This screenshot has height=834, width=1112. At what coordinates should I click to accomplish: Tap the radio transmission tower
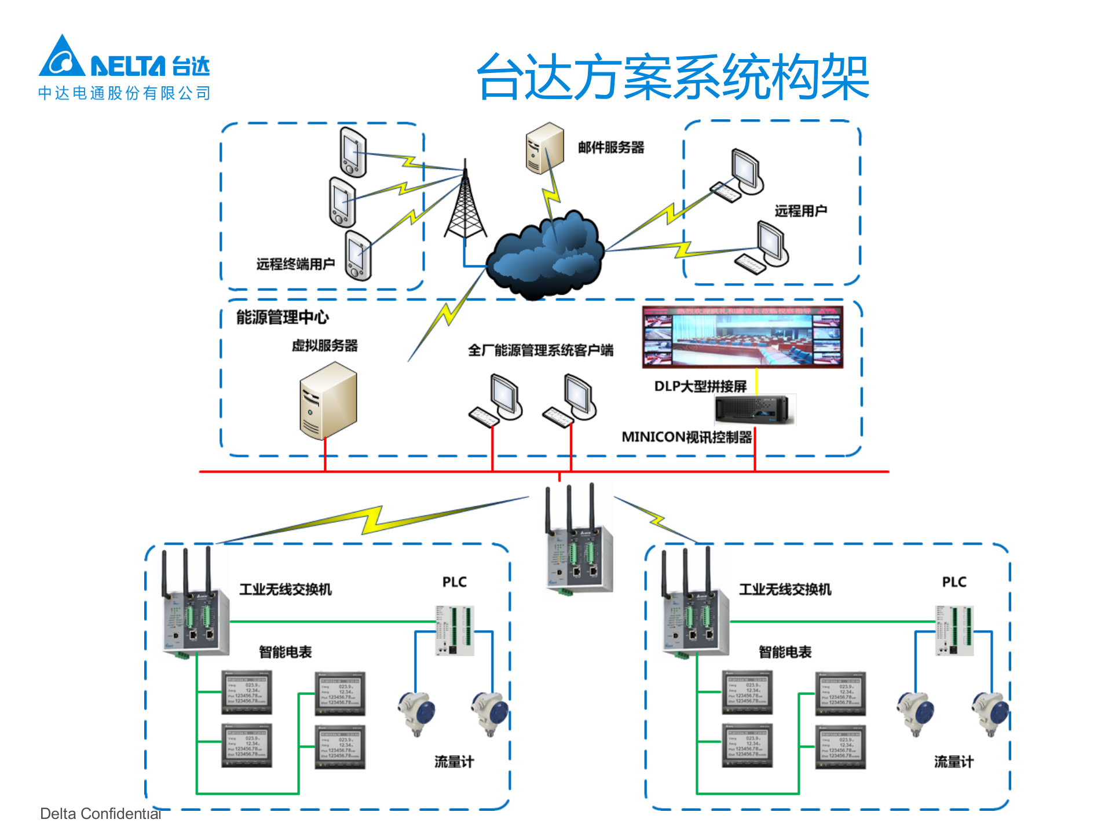[465, 203]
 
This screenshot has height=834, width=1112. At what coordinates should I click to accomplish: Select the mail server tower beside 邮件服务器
[544, 148]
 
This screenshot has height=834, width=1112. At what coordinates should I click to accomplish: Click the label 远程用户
[800, 211]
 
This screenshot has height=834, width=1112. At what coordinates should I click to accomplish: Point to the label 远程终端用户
[295, 264]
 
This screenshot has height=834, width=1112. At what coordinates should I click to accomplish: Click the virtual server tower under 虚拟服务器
[328, 401]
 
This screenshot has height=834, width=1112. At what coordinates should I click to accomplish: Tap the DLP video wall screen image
[742, 337]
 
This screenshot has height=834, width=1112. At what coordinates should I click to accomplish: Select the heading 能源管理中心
[282, 317]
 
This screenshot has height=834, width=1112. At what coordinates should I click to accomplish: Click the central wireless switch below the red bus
[578, 556]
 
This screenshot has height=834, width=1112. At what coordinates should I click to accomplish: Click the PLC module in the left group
[454, 630]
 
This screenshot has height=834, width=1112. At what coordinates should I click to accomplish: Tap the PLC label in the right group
[954, 582]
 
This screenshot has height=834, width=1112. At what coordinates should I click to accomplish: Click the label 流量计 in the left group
[454, 762]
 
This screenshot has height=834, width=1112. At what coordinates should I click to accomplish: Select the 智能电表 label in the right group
[785, 652]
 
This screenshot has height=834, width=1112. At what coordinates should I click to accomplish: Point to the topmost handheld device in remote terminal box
[353, 152]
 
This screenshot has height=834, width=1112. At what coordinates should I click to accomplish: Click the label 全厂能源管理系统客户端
[540, 350]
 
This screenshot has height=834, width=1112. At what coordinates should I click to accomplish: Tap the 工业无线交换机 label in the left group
[286, 590]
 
